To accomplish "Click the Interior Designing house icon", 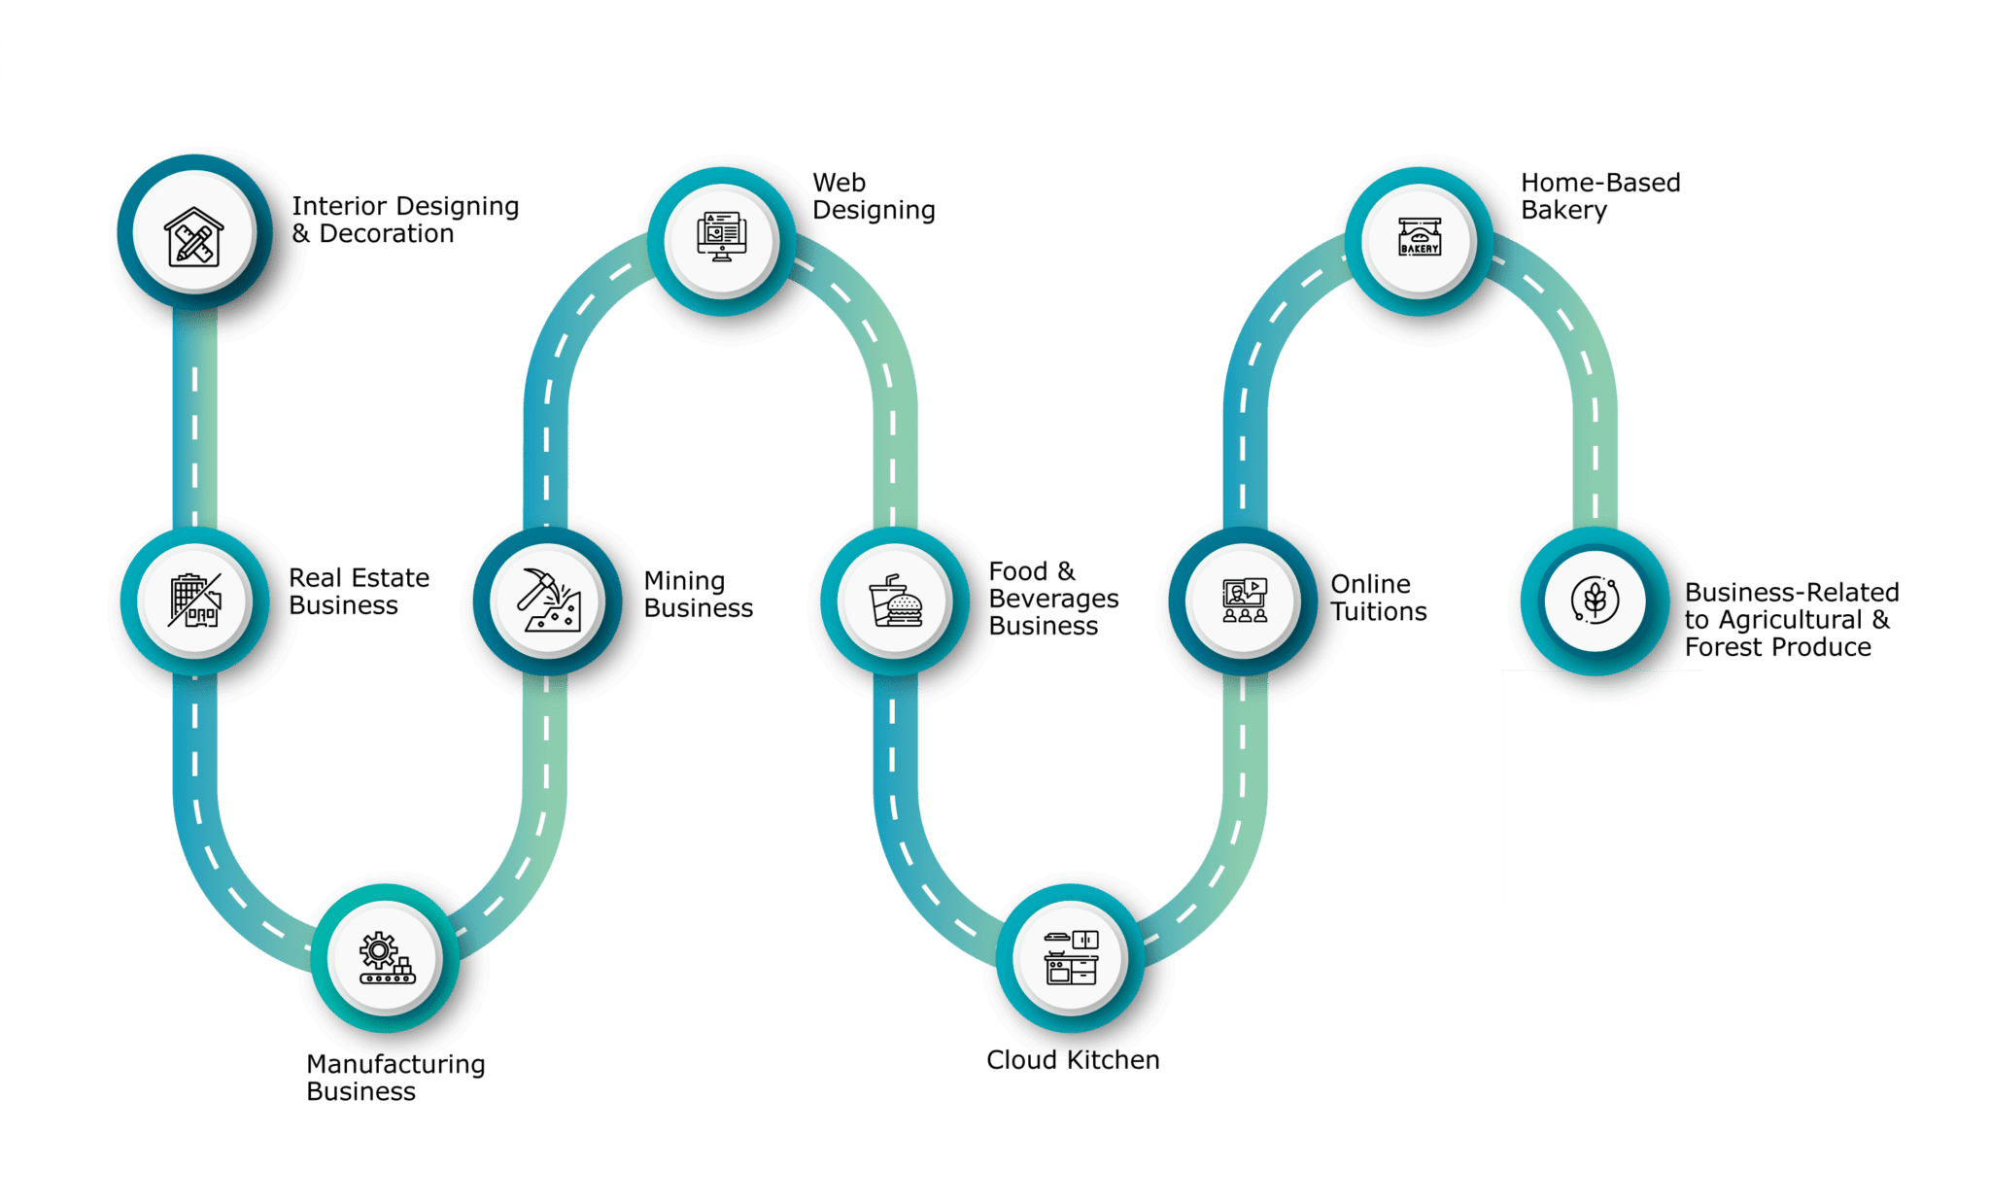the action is [x=194, y=236].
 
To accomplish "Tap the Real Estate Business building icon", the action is [x=194, y=601].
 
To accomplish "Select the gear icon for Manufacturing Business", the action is [x=387, y=958].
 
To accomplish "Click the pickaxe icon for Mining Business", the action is [x=548, y=601].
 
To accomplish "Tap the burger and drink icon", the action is [x=895, y=601].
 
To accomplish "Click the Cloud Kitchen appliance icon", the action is [x=1071, y=958].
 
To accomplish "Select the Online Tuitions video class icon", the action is [x=1245, y=601].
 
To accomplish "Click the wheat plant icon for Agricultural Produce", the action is [x=1595, y=601].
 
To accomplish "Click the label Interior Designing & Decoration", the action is [x=405, y=220].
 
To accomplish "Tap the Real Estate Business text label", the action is [x=359, y=592].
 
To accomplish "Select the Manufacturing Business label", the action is [x=395, y=1078].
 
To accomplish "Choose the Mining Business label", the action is [x=698, y=595].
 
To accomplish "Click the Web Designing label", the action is [x=874, y=197].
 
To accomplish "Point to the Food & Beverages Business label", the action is [x=1053, y=599].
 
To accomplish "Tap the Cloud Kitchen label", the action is [x=1073, y=1060].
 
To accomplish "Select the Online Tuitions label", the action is [x=1378, y=598].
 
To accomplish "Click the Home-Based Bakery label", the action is [x=1600, y=196].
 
